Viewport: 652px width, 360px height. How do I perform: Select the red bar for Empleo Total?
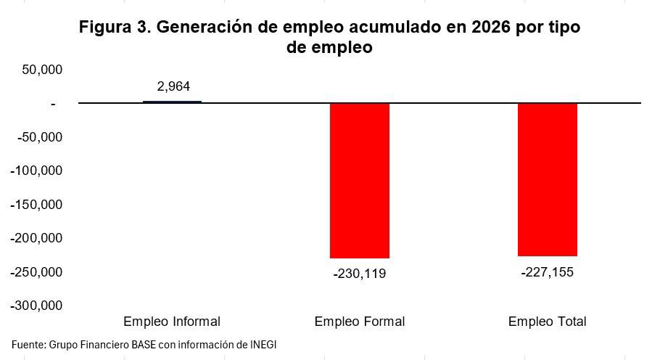[x=548, y=179]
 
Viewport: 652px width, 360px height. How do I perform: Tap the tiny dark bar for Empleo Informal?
[x=172, y=102]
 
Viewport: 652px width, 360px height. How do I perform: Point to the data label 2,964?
[x=173, y=86]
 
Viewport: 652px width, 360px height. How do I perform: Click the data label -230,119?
[x=360, y=274]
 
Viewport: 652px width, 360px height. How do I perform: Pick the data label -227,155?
[x=548, y=272]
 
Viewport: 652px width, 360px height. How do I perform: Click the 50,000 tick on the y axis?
[x=42, y=70]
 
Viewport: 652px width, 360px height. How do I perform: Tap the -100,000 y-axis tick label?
[x=37, y=171]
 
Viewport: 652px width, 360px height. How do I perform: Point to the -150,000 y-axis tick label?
[x=37, y=205]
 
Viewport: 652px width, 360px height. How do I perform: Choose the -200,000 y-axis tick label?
[x=37, y=238]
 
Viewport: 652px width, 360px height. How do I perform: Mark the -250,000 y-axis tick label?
[x=37, y=272]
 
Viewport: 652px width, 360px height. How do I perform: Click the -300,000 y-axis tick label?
[x=37, y=306]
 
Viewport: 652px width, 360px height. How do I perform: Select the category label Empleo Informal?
[x=172, y=322]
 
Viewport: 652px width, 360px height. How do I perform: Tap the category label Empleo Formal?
[x=360, y=322]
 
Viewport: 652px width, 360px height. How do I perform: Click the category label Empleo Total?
[x=548, y=322]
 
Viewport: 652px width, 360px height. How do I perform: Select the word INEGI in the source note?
[x=263, y=344]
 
